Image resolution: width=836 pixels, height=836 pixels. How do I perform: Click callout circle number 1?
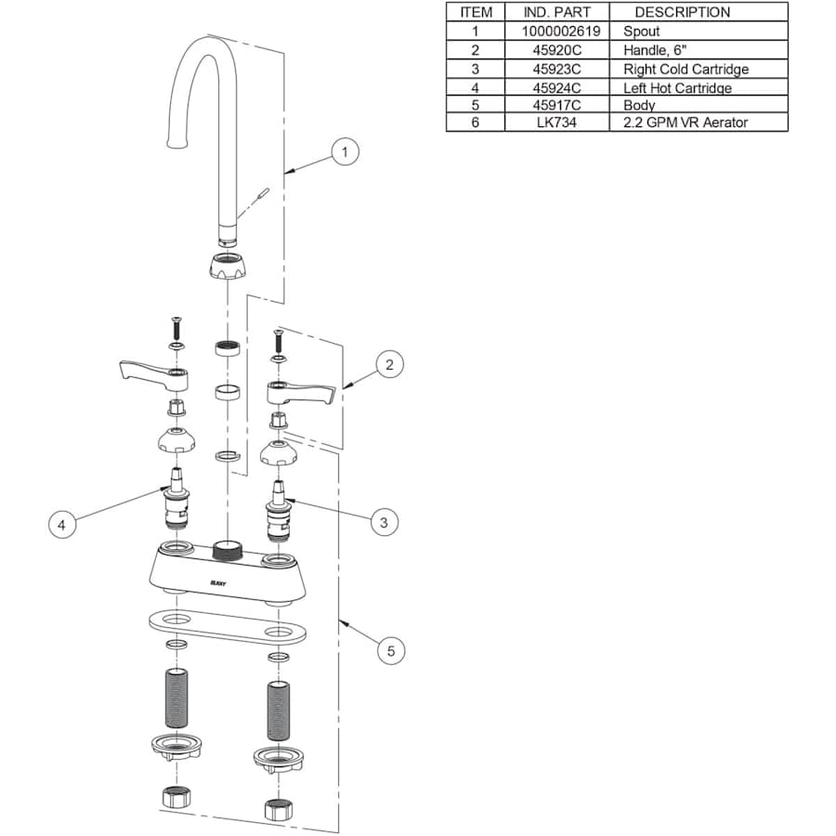click(345, 151)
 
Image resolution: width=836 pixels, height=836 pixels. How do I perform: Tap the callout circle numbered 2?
click(389, 365)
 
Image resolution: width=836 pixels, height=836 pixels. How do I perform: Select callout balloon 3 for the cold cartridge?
click(384, 522)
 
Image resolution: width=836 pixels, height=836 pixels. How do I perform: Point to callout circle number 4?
click(62, 525)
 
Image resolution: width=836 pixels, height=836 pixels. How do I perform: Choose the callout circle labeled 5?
click(391, 651)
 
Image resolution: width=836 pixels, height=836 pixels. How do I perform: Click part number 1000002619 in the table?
click(560, 32)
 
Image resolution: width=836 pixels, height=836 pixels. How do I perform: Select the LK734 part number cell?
click(556, 123)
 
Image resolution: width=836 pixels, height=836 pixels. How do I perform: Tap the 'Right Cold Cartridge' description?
click(686, 70)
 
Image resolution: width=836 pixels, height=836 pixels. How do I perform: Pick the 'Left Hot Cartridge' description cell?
click(677, 87)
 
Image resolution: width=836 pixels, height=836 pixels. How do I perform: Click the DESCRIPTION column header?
click(682, 12)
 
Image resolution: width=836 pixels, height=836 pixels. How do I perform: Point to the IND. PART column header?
click(556, 12)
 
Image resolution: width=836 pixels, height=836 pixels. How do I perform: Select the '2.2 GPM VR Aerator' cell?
click(686, 123)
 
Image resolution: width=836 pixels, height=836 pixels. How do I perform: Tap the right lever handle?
click(300, 392)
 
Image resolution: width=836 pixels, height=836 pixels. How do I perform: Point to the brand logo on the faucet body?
click(218, 583)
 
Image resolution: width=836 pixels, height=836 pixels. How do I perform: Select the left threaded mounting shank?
click(176, 698)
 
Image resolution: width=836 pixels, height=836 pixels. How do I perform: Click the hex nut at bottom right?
click(279, 809)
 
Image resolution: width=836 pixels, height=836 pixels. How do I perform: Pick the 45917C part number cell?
click(556, 105)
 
